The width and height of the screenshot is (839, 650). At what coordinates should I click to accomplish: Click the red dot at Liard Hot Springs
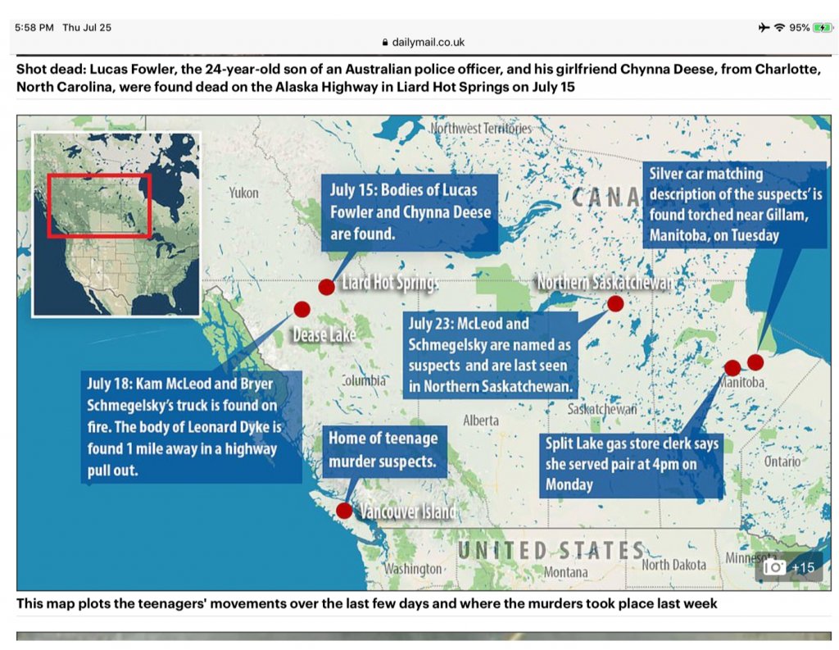326,287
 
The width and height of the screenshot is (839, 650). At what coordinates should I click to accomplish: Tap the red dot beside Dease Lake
302,309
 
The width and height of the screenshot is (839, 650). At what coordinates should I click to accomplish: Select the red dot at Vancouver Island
344,511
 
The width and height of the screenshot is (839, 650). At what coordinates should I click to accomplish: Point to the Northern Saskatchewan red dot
615,303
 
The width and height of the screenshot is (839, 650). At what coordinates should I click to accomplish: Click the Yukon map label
243,193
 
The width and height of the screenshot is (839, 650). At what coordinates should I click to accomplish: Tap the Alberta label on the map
480,420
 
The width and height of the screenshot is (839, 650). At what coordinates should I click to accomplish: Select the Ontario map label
782,461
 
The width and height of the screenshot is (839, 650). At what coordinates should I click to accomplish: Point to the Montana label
565,572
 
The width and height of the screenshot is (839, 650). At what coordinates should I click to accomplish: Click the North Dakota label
673,564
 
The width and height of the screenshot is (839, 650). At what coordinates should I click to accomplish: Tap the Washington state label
413,569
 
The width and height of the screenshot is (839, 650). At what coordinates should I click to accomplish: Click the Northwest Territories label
481,129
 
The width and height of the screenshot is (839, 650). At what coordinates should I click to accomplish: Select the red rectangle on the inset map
99,175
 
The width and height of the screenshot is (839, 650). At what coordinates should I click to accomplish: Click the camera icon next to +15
773,567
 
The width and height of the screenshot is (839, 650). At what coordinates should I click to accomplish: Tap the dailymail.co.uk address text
428,43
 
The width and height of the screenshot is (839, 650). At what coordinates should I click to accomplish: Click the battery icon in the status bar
823,27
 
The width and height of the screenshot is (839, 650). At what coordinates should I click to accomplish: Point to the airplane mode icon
764,27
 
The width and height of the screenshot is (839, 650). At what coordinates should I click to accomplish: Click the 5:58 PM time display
34,27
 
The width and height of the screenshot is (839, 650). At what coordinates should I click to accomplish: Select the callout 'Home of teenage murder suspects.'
385,452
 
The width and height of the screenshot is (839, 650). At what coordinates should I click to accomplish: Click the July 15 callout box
410,212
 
